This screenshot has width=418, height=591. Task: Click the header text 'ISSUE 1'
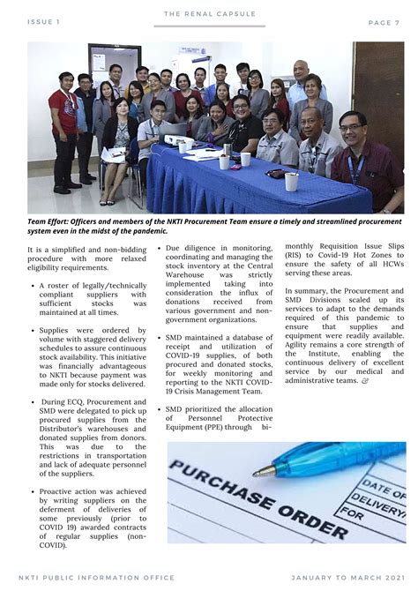tap(43, 22)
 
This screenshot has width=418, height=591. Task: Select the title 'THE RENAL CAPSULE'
tap(208, 14)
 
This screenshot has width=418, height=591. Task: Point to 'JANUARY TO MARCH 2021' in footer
tap(348, 576)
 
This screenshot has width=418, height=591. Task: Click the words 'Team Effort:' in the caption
tap(50, 221)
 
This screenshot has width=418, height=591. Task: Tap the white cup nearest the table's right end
tap(291, 181)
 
